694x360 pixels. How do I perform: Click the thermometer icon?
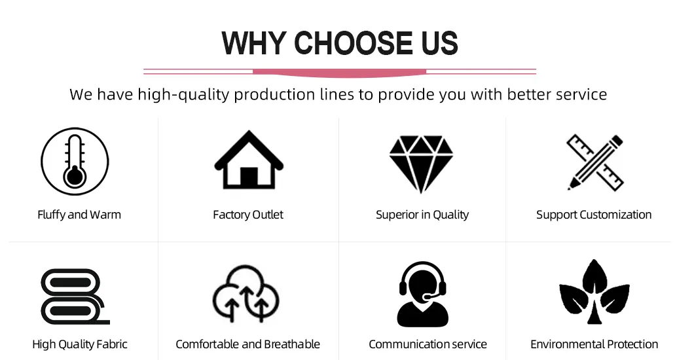click(x=75, y=162)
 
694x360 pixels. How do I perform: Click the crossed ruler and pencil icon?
click(x=595, y=162)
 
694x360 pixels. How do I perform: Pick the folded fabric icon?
click(x=75, y=297)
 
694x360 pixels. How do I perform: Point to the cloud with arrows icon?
click(x=246, y=293)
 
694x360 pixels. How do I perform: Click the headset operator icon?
click(x=423, y=294)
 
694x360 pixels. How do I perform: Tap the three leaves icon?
click(x=594, y=291)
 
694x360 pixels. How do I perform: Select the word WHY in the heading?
click(x=253, y=43)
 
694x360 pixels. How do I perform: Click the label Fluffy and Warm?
click(x=79, y=215)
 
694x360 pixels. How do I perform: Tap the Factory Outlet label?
click(x=248, y=215)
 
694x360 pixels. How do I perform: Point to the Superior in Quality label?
click(x=422, y=215)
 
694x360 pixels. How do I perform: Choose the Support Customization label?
click(x=594, y=215)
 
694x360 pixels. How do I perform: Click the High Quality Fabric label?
click(x=80, y=344)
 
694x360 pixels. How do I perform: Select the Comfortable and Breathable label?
click(x=248, y=344)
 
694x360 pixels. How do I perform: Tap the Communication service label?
click(x=428, y=344)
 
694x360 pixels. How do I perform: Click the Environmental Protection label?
click(x=594, y=344)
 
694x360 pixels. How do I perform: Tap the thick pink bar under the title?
click(x=340, y=73)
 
